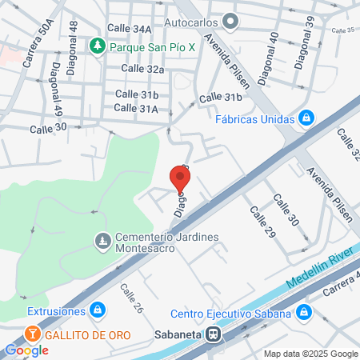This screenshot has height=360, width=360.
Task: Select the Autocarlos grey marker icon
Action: coord(231,22)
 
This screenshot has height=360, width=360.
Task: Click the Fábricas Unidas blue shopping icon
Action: coord(305,120)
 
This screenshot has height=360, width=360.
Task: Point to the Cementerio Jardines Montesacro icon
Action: coord(102,239)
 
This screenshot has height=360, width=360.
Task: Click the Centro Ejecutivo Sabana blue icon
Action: coord(302,314)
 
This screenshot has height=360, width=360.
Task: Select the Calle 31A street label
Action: coord(136,108)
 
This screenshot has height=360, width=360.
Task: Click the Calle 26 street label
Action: coord(131,298)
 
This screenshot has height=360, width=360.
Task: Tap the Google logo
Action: coord(26,350)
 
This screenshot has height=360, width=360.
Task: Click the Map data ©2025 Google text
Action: coord(311,354)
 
